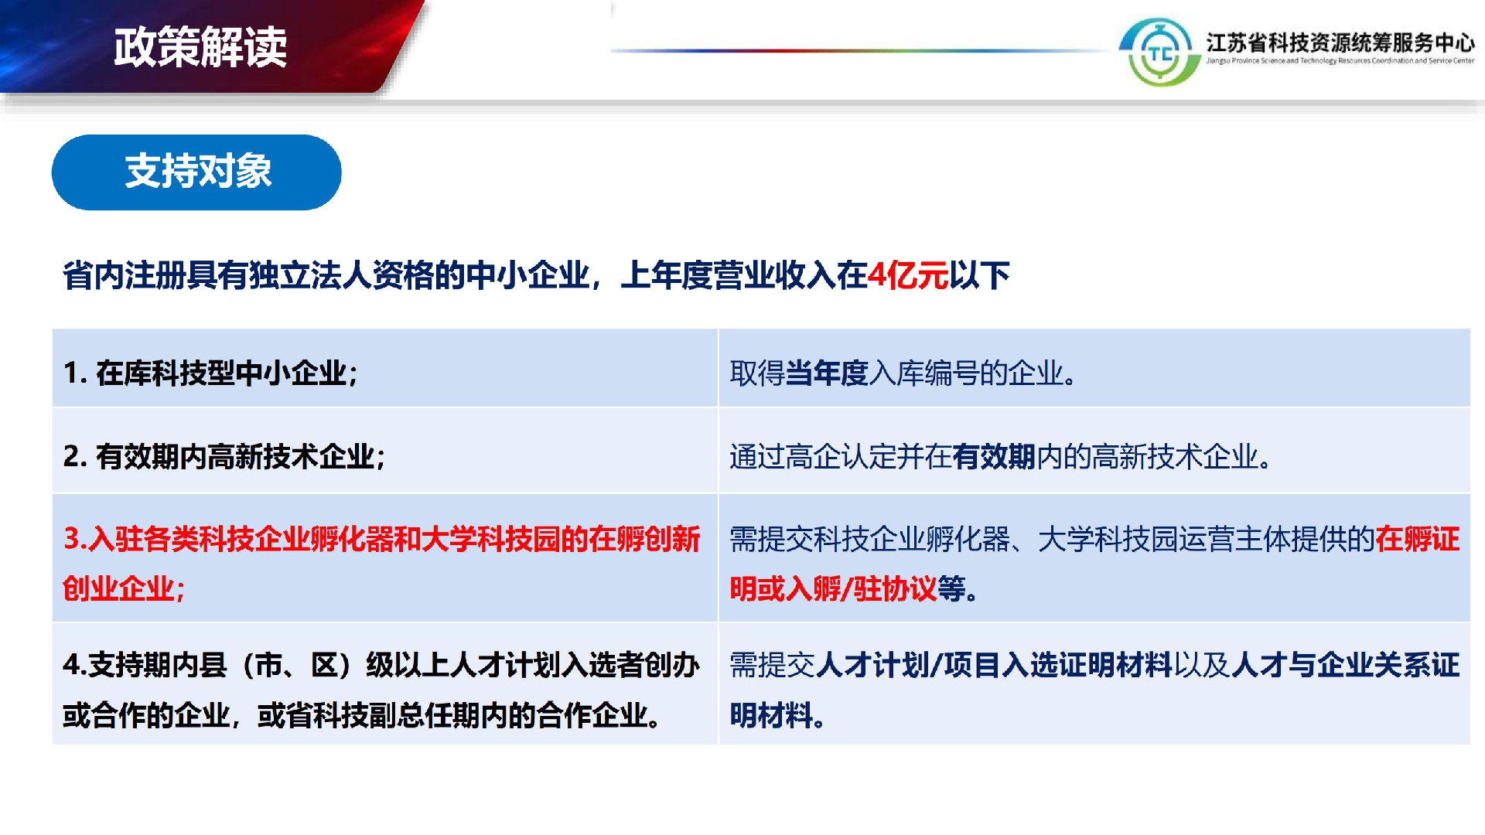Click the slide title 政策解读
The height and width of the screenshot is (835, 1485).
200,47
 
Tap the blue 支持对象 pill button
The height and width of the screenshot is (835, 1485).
196,172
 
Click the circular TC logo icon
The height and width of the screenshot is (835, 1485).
1159,53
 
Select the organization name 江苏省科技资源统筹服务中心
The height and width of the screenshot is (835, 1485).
1340,42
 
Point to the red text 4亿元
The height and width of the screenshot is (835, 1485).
908,275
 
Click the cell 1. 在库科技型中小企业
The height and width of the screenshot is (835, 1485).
210,373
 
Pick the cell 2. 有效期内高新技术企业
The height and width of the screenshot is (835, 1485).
224,457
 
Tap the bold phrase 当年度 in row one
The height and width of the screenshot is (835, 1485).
827,373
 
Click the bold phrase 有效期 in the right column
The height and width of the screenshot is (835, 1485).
994,457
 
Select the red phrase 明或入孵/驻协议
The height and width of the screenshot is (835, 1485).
833,589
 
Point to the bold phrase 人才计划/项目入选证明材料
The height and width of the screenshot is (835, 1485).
994,665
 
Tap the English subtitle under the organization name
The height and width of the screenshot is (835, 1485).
1340,61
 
